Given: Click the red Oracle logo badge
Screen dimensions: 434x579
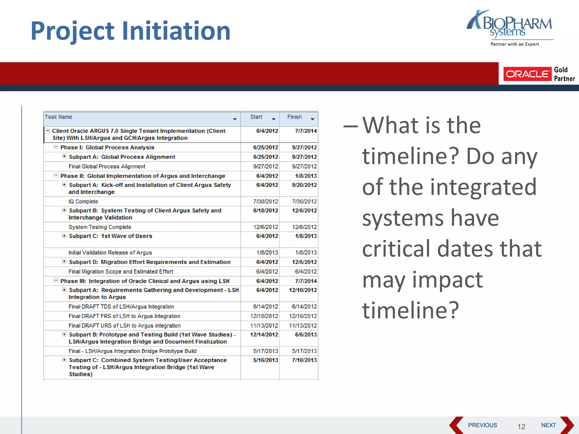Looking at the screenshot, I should pyautogui.click(x=527, y=74).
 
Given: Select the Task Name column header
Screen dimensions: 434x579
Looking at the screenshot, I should pyautogui.click(x=59, y=117).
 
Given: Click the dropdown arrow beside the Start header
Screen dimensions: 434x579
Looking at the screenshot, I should pyautogui.click(x=273, y=119).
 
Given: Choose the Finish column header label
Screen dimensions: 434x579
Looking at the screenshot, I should pyautogui.click(x=294, y=117).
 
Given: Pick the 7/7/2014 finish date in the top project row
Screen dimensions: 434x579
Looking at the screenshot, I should pyautogui.click(x=306, y=131).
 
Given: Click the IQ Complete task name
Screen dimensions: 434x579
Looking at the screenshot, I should pyautogui.click(x=83, y=201).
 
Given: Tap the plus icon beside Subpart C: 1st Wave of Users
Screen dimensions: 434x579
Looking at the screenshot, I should pyautogui.click(x=64, y=236).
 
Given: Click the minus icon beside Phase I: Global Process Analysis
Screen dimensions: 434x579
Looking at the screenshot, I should pyautogui.click(x=56, y=147).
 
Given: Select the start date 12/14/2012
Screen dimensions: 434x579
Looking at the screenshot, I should pyautogui.click(x=264, y=335).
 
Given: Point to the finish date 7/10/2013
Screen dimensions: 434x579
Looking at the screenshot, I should pyautogui.click(x=304, y=360).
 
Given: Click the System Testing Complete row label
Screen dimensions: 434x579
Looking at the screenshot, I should pyautogui.click(x=100, y=227).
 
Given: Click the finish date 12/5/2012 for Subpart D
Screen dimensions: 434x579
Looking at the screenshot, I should pyautogui.click(x=304, y=262).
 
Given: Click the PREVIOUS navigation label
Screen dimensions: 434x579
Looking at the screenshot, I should pyautogui.click(x=482, y=425).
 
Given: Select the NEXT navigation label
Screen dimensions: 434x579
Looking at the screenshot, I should pyautogui.click(x=548, y=425).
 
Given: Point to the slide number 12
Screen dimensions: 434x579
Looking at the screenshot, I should pyautogui.click(x=521, y=426).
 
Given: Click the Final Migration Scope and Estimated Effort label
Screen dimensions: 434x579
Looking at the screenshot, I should pyautogui.click(x=121, y=272).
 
